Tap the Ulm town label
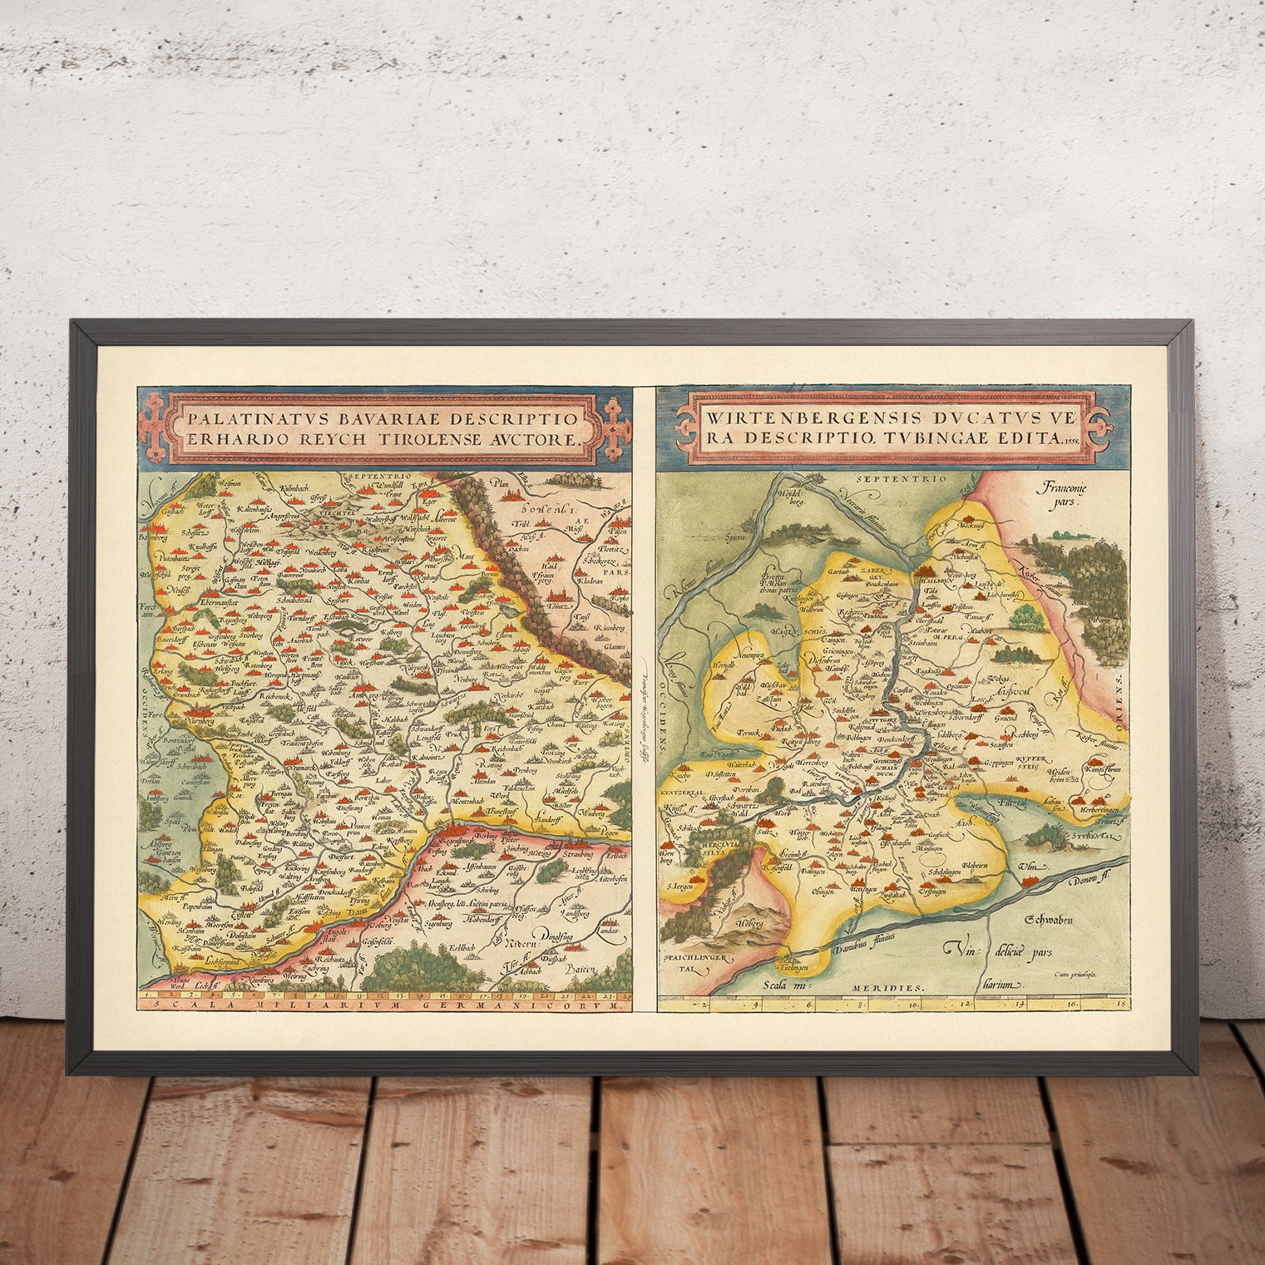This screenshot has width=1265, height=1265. click(x=1029, y=867)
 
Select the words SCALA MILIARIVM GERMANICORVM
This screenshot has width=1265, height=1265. click(x=384, y=1005)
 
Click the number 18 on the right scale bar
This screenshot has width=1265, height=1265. click(x=1123, y=1004)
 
